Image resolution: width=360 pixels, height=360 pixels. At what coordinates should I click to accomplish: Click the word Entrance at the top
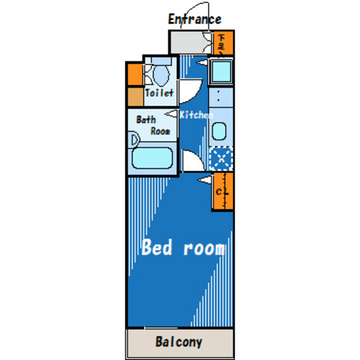point(195,19)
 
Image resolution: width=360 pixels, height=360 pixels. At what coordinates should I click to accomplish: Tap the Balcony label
point(179,341)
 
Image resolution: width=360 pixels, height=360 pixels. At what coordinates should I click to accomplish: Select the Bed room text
point(183,247)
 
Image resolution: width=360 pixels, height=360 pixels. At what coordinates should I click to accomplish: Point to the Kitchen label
point(196,115)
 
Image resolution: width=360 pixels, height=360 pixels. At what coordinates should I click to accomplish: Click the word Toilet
point(160,93)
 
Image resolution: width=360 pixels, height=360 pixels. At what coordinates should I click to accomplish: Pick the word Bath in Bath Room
point(146,120)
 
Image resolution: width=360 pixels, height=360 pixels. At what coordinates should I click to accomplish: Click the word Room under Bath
point(160,131)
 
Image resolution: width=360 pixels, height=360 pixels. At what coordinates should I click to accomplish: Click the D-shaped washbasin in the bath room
point(134,139)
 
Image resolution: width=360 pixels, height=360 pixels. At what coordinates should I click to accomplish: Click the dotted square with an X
point(221,158)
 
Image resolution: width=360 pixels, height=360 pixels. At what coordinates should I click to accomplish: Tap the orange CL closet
point(222,191)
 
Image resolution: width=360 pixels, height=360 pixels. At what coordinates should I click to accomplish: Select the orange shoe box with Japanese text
point(222,42)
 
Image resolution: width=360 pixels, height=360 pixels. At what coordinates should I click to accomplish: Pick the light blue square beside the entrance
point(220,72)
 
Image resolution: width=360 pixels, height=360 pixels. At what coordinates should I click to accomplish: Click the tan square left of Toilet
point(134,97)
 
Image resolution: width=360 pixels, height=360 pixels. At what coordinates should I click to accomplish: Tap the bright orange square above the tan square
point(134,74)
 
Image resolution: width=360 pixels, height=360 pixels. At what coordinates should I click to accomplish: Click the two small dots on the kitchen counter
point(218,97)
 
